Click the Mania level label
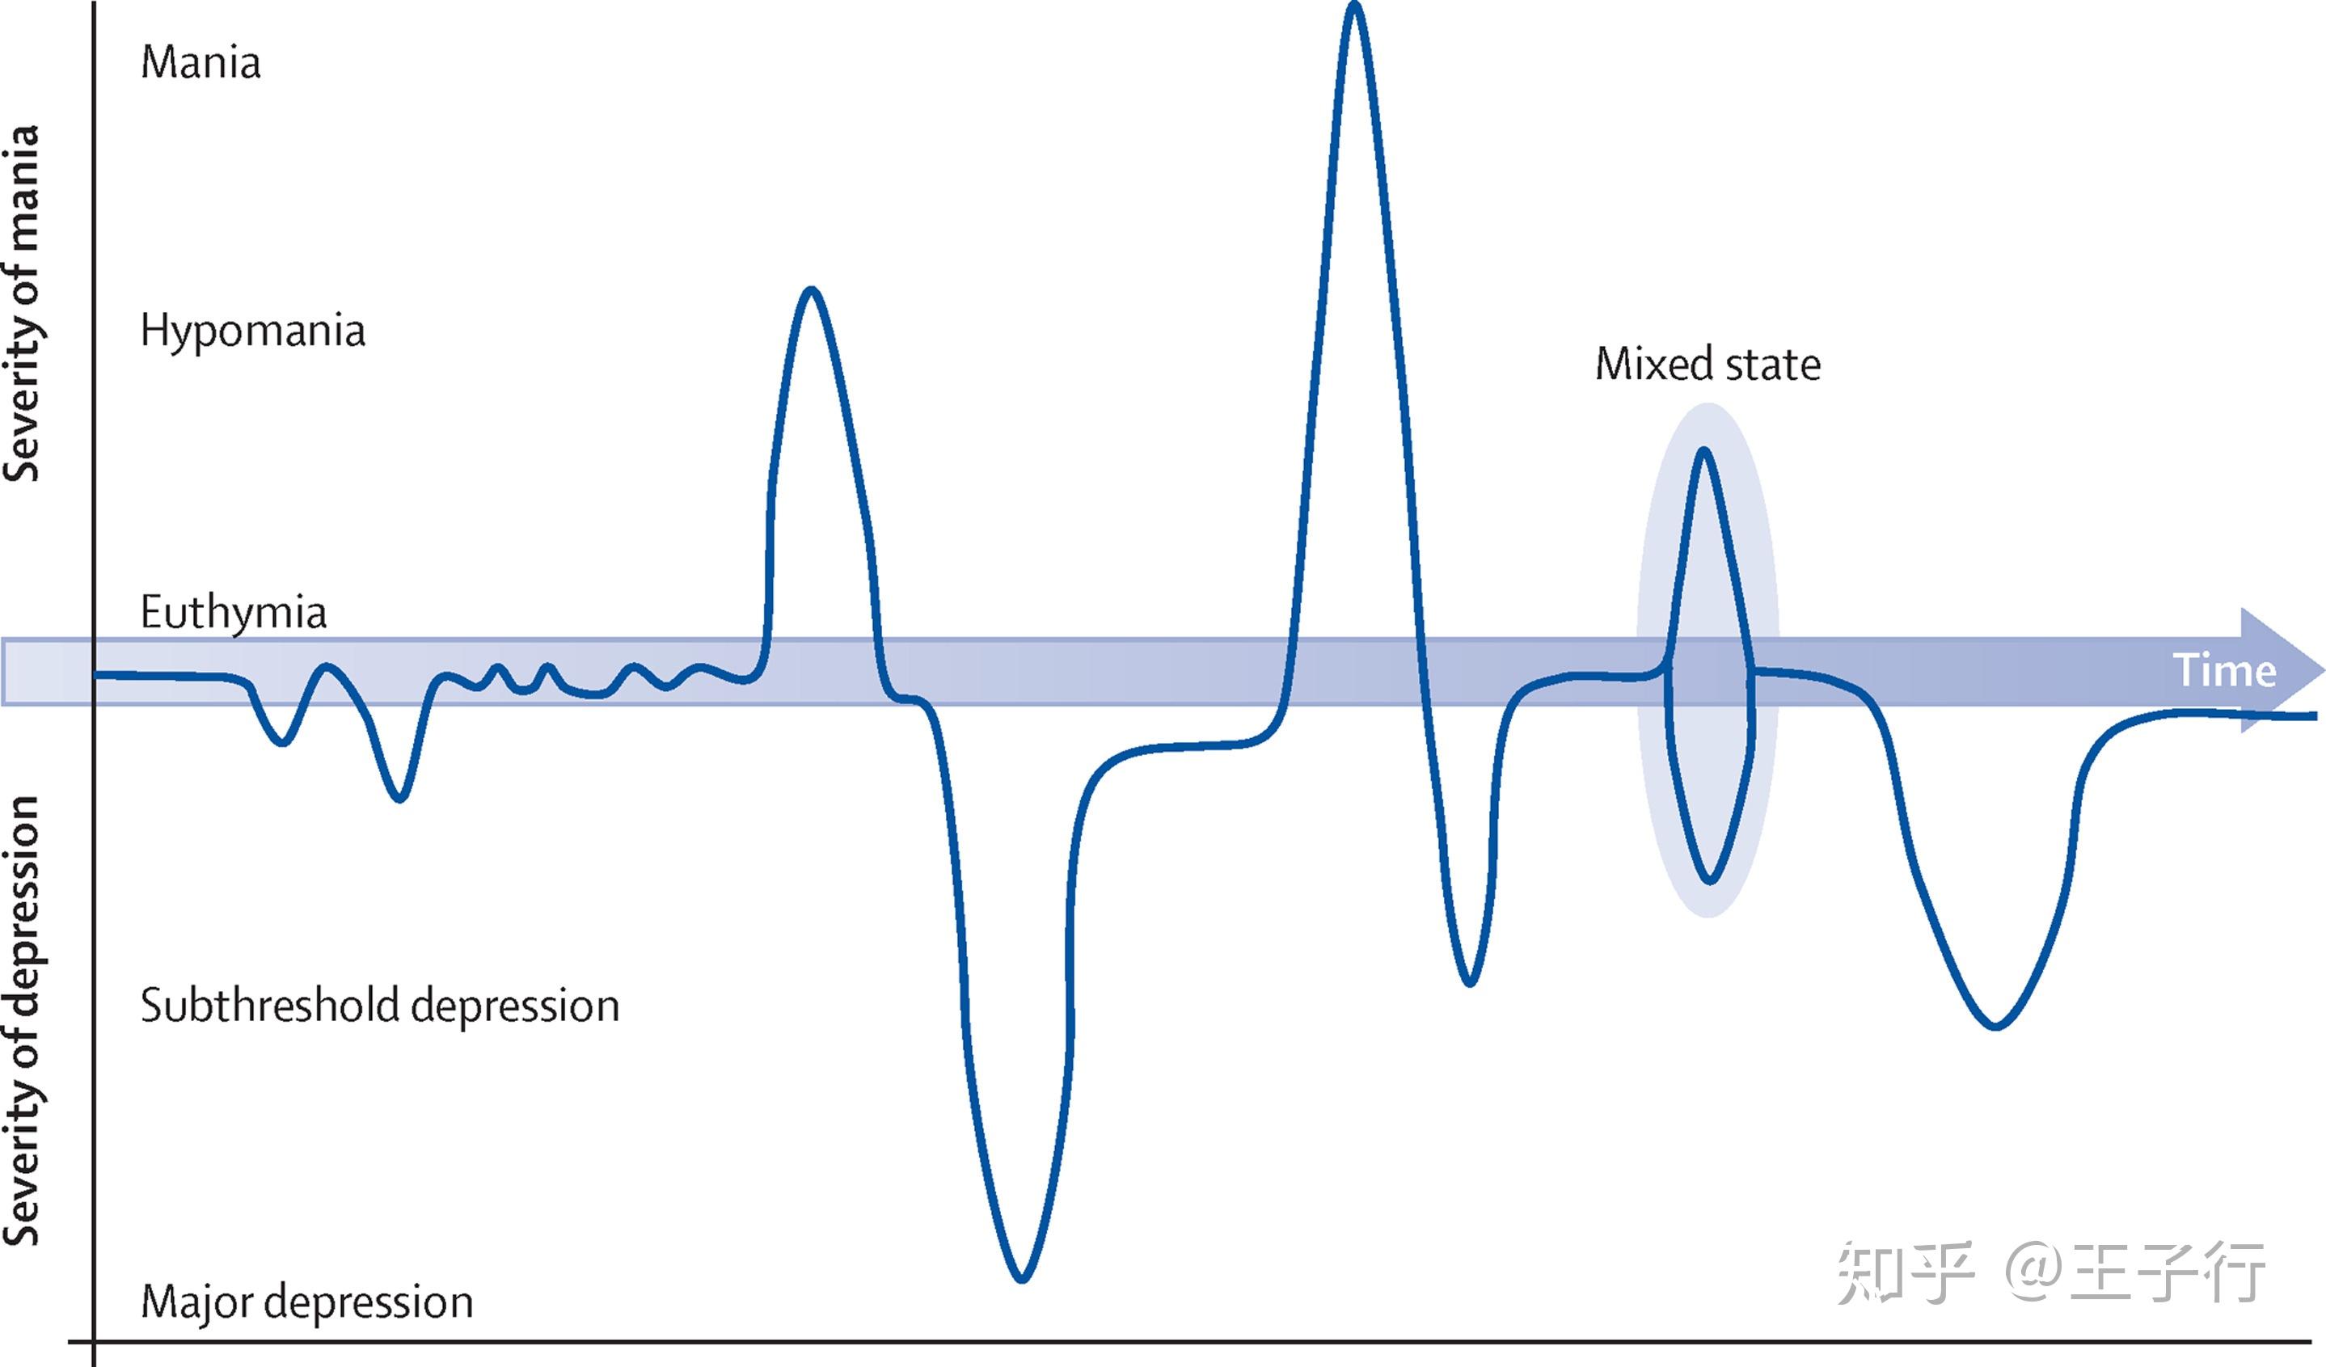[x=201, y=63]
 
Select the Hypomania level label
[x=252, y=331]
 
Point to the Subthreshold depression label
[x=379, y=1005]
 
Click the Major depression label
[x=306, y=1302]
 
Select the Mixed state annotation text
[x=1708, y=364]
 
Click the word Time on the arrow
[x=2224, y=670]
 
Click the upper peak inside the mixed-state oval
[x=1704, y=451]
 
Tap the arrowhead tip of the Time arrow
[x=2324, y=670]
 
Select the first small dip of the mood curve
[x=282, y=742]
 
